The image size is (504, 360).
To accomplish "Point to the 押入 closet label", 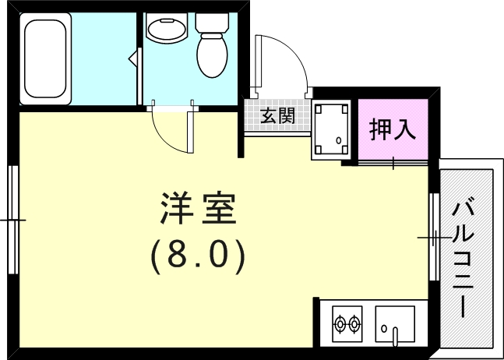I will click(393, 129).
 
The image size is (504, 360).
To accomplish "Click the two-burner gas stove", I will click(347, 321).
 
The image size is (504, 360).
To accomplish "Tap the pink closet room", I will click(393, 129).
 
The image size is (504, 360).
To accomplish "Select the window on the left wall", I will click(12, 220).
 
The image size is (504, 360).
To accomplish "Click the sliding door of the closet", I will click(393, 163).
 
